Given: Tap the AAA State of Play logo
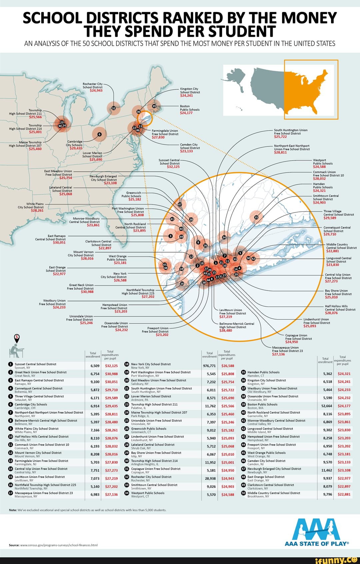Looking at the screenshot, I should pyautogui.click(x=316, y=532).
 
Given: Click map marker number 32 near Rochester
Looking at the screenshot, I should pyautogui.click(x=114, y=108).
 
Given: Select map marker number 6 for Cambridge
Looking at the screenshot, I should pyautogui.click(x=99, y=134).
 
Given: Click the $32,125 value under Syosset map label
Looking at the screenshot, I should pyautogui.click(x=173, y=167).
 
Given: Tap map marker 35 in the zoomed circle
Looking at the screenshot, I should pyautogui.click(x=256, y=217).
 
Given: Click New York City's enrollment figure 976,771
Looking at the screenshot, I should pyautogui.click(x=209, y=366).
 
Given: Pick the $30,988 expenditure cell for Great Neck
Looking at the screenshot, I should pyautogui.click(x=111, y=374).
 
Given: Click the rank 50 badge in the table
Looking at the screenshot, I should pyautogui.click(x=243, y=493).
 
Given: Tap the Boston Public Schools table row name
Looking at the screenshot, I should pyautogui.click(x=262, y=405).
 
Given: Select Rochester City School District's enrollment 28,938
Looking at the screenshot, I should pyautogui.click(x=209, y=478).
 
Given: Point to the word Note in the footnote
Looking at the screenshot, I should pyautogui.click(x=13, y=510).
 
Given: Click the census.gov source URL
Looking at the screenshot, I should pyautogui.click(x=59, y=545).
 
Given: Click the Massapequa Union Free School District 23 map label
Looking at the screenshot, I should pyautogui.click(x=287, y=349).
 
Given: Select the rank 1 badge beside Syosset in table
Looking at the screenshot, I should pyautogui.click(x=11, y=364).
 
